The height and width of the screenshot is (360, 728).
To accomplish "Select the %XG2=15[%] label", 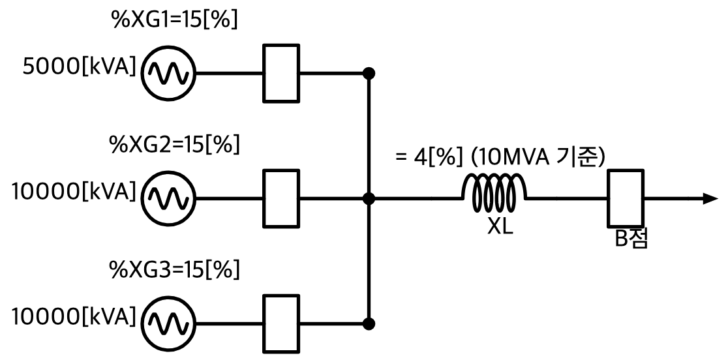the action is click(175, 145).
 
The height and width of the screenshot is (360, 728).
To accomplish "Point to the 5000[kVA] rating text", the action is click(80, 68).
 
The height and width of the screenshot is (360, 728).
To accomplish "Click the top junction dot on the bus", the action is click(369, 73).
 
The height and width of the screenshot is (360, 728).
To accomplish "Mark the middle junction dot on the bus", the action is click(369, 199).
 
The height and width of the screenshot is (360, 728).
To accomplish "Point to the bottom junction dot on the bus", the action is click(369, 323).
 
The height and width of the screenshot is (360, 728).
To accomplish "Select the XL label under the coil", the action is click(500, 227).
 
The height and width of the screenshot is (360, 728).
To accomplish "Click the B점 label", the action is click(631, 239).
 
